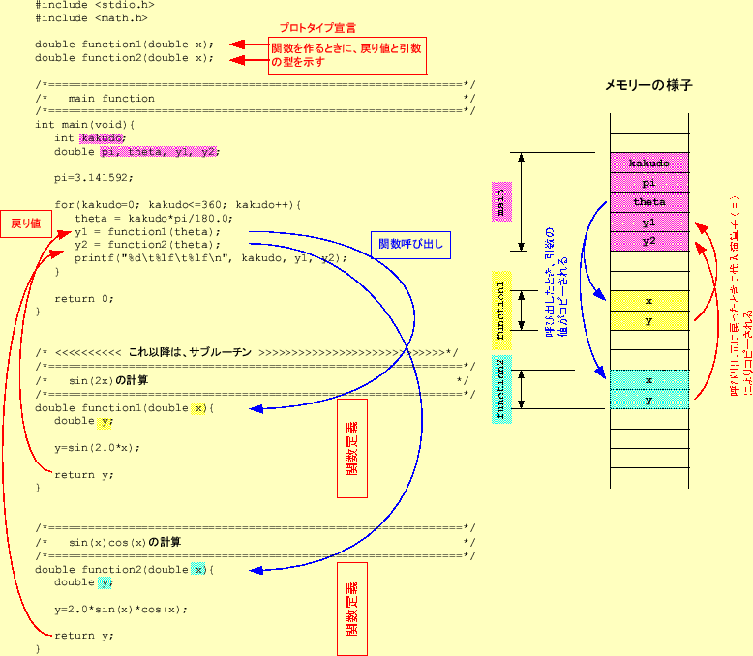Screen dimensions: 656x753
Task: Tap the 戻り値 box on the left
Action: tap(25, 223)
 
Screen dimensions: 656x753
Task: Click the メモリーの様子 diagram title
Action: tap(648, 85)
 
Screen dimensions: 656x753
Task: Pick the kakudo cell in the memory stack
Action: tap(648, 164)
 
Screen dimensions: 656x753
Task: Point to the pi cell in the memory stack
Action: tap(648, 183)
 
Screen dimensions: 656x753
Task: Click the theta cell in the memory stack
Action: tap(648, 202)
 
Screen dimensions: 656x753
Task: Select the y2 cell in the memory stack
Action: tap(648, 241)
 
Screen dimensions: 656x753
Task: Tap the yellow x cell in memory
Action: tap(648, 301)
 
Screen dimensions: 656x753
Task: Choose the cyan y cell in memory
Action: tap(648, 399)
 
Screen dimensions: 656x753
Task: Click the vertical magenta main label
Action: tap(500, 202)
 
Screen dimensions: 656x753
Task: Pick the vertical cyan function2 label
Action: tap(500, 389)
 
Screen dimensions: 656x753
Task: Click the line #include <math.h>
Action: tap(92, 17)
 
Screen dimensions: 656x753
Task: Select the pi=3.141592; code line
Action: tap(94, 178)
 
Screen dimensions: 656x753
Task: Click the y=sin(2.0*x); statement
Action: tap(97, 448)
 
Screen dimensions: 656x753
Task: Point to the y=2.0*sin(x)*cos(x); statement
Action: tap(120, 610)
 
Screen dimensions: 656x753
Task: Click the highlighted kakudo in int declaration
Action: tap(102, 138)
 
